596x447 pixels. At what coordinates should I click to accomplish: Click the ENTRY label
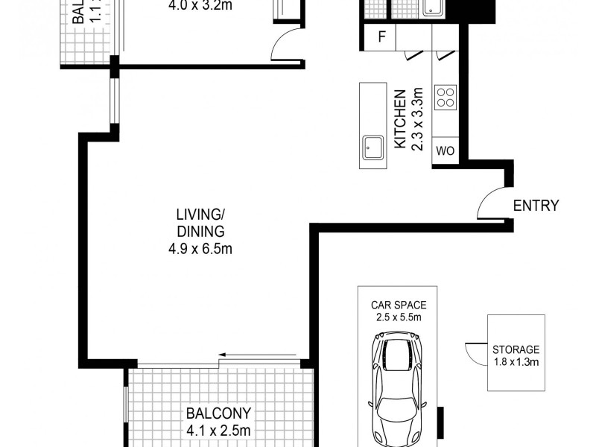536,206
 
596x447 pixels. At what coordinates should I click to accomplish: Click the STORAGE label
516,349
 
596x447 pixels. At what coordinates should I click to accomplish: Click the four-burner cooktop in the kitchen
446,96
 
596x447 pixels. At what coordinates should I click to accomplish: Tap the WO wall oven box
445,150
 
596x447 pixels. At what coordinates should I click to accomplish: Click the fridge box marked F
381,37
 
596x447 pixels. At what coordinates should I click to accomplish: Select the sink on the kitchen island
372,148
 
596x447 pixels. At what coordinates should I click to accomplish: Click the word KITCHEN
399,119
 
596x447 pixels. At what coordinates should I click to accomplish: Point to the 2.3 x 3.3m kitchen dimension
417,119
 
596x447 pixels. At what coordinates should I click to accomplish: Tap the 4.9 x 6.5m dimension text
200,249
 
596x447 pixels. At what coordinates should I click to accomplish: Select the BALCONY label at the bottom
219,413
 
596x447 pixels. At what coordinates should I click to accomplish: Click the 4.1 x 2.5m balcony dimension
219,430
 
